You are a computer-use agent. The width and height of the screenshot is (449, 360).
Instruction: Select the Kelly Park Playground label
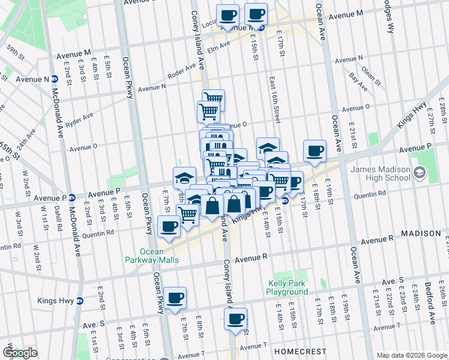[287, 288]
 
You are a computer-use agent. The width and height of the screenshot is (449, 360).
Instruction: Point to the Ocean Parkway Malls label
[160, 256]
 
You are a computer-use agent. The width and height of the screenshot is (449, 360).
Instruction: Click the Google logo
[20, 353]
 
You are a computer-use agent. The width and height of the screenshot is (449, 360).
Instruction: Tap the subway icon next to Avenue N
[54, 79]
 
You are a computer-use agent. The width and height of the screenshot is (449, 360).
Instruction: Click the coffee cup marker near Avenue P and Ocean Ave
[315, 151]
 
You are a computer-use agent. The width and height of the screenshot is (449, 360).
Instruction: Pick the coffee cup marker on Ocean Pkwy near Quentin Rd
[169, 227]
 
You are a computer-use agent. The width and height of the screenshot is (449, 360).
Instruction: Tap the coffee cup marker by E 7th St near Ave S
[175, 298]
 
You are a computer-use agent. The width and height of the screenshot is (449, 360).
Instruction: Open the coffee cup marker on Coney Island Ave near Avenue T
[236, 319]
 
